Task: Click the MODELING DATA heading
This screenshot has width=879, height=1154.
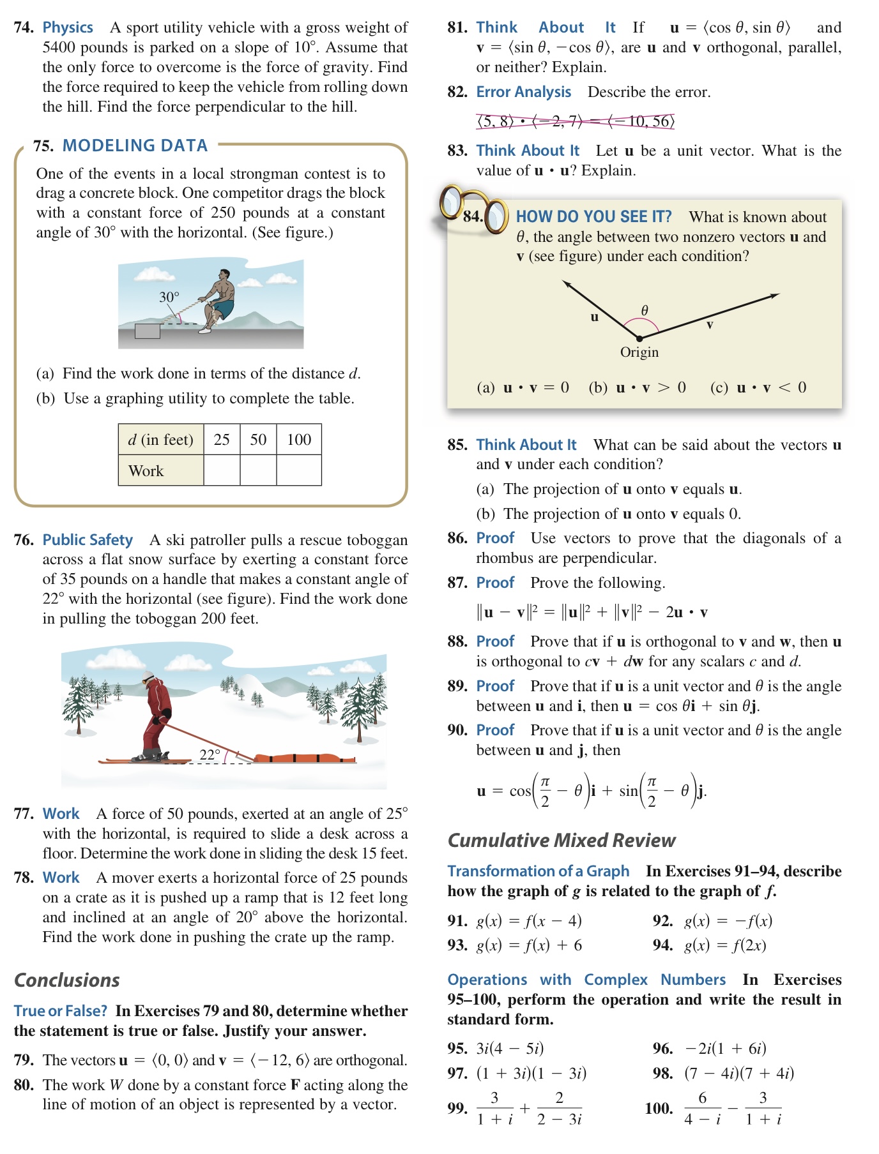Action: pyautogui.click(x=135, y=146)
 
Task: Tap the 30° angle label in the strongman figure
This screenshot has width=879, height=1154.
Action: pyautogui.click(x=169, y=297)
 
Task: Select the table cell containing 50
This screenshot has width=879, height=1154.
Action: pyautogui.click(x=258, y=439)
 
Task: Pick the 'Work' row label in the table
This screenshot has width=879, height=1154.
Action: pyautogui.click(x=146, y=471)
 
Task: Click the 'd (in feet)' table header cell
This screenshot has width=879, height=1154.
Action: pyautogui.click(x=160, y=439)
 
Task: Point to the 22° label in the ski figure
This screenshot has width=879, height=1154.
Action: pyautogui.click(x=210, y=754)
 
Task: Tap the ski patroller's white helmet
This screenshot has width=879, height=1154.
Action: pyautogui.click(x=148, y=677)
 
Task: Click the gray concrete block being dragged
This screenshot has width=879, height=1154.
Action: pyautogui.click(x=148, y=331)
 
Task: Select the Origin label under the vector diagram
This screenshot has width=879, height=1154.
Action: pyautogui.click(x=639, y=352)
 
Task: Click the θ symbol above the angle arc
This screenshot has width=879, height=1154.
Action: pyautogui.click(x=645, y=310)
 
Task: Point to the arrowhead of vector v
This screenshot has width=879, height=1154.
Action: pyautogui.click(x=775, y=296)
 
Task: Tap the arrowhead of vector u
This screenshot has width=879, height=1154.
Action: pyautogui.click(x=566, y=283)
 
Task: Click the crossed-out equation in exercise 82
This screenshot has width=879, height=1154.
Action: pyautogui.click(x=575, y=121)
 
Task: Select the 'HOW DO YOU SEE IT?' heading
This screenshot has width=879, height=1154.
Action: pyautogui.click(x=593, y=217)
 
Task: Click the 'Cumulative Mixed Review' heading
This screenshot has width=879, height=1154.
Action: pyautogui.click(x=561, y=840)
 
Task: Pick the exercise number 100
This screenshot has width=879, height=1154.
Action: pyautogui.click(x=659, y=1108)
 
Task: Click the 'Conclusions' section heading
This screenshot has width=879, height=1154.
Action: pyautogui.click(x=67, y=980)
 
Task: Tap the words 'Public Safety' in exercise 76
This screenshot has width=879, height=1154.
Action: pyautogui.click(x=88, y=540)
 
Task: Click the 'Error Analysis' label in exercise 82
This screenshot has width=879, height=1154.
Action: pyautogui.click(x=523, y=92)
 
